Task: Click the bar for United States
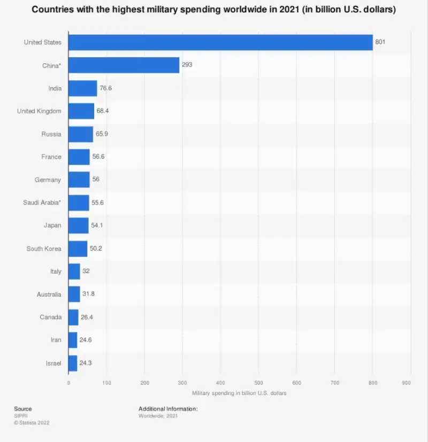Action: click(220, 42)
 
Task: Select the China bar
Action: click(124, 65)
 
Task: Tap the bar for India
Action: click(82, 88)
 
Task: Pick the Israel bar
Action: click(73, 363)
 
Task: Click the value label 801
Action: click(380, 42)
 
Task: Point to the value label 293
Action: click(187, 65)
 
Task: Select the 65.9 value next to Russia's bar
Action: click(103, 134)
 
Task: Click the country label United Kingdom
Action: click(39, 111)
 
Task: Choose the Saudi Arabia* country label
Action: click(42, 203)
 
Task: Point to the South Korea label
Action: click(44, 249)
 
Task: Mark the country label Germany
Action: click(48, 180)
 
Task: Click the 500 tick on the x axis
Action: click(258, 383)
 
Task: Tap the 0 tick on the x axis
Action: click(68, 383)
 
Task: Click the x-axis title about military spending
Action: click(239, 393)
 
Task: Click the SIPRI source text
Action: click(20, 416)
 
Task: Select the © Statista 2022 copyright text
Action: click(32, 423)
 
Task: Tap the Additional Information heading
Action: click(168, 409)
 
